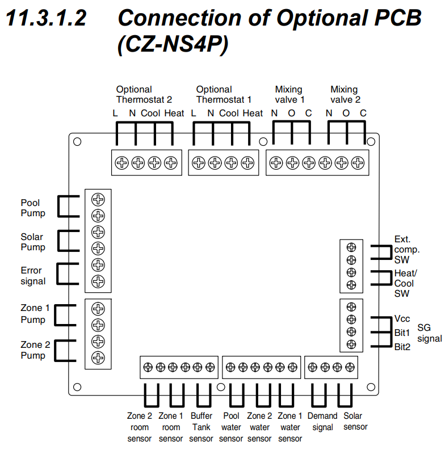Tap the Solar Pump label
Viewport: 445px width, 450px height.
click(x=33, y=242)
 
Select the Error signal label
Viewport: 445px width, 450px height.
click(x=33, y=276)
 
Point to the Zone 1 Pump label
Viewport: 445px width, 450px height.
click(x=33, y=313)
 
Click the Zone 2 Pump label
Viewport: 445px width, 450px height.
click(x=33, y=350)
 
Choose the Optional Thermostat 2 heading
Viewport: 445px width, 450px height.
click(x=144, y=94)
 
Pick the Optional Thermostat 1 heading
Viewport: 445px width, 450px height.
click(x=224, y=94)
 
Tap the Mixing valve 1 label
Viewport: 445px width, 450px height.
click(x=291, y=94)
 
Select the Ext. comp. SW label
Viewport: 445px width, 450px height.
click(x=407, y=249)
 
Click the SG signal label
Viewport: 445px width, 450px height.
click(x=429, y=333)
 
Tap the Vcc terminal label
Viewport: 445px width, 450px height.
click(x=402, y=319)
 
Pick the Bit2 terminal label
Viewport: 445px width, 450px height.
click(x=402, y=346)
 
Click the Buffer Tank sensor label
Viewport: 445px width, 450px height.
click(x=201, y=427)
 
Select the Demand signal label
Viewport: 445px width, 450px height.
click(x=322, y=421)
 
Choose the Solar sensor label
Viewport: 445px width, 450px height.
click(x=355, y=421)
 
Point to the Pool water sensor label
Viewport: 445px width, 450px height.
click(x=231, y=427)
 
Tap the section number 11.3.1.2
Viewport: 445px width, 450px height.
click(x=46, y=19)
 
